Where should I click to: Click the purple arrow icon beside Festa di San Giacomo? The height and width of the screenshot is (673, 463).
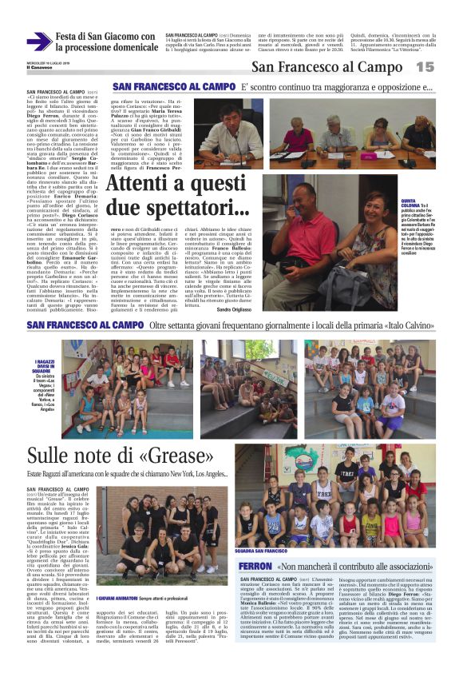tap(38, 41)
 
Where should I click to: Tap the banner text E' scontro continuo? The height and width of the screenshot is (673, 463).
tap(335, 87)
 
